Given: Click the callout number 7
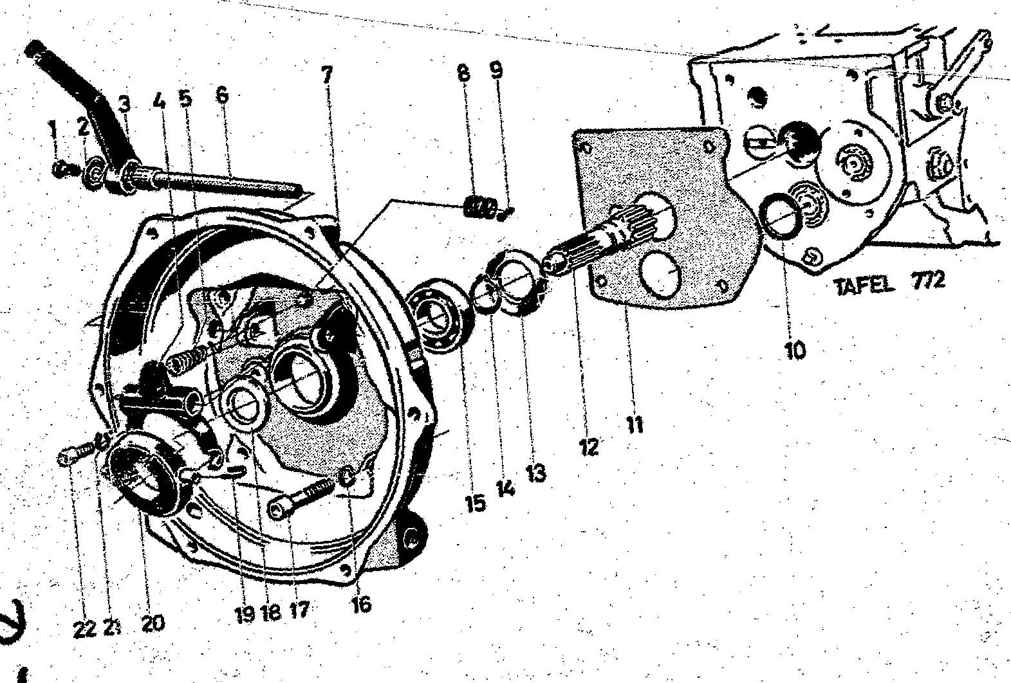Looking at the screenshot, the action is tap(327, 75).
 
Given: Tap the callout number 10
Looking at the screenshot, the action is tap(795, 350).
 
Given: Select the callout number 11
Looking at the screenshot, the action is tap(635, 425).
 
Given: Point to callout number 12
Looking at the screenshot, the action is tap(589, 447).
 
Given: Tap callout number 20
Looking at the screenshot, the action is tap(153, 623).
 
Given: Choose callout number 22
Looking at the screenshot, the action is tap(84, 629).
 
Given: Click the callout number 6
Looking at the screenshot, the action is tap(222, 95).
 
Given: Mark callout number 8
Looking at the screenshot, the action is tap(463, 73).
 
